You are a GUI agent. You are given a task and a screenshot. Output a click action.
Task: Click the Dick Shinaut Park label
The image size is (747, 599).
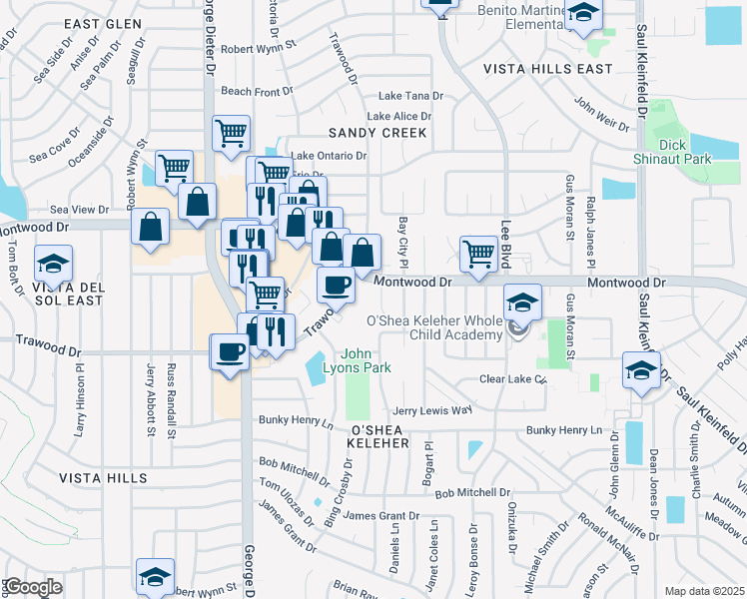coord(672,151)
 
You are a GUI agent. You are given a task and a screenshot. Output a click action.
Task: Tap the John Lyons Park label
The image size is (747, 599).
coord(366,360)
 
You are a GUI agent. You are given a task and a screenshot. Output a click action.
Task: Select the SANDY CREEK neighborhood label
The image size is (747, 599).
coord(377,132)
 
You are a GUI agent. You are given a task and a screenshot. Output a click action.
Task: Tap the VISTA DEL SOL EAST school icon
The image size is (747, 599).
coord(52,265)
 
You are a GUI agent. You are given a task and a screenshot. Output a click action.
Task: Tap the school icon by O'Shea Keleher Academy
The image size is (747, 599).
coord(522,301)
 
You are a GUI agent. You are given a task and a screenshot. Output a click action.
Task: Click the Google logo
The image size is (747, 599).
coord(33,587)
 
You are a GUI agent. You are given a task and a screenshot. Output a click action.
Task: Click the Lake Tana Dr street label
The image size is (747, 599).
coord(410,96)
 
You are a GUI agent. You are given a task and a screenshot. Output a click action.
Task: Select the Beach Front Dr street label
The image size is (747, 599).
coord(257,91)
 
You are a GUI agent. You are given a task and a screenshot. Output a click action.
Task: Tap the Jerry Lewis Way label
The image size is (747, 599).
coord(431,410)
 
